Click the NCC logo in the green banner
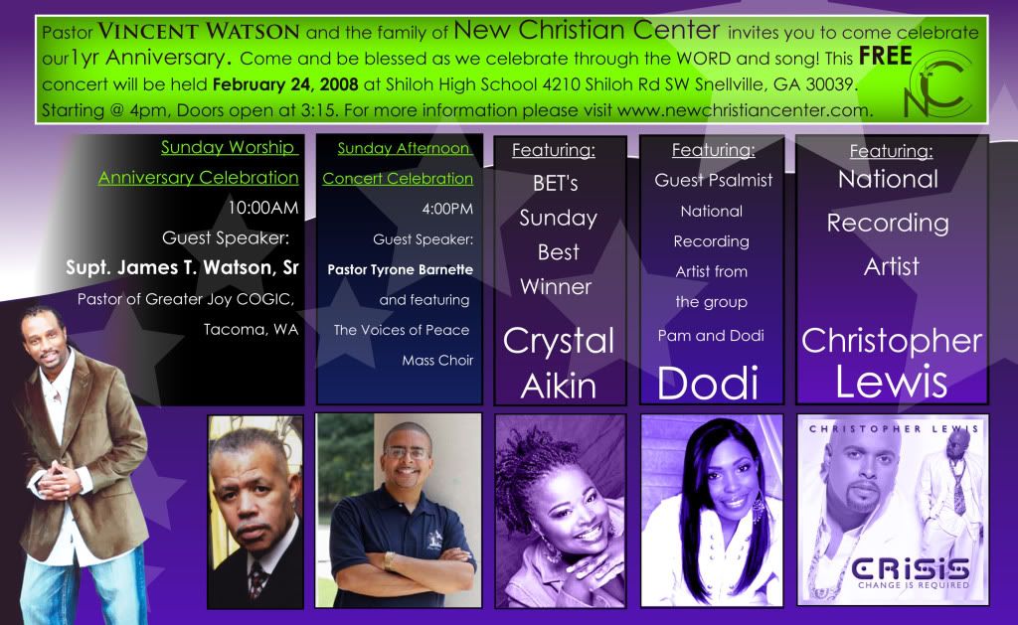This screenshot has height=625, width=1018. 938,85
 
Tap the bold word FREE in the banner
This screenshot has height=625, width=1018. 886,56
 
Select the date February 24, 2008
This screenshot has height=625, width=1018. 285,84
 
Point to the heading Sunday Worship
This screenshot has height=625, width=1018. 230,147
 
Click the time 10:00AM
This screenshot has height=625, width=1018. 262,208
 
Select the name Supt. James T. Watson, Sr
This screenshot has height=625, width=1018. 182,267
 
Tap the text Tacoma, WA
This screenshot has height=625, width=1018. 251,330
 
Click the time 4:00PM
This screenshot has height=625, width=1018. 447,209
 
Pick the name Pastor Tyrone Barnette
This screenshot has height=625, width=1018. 400,269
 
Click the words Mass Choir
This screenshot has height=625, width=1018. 437,361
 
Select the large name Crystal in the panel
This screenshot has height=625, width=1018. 559,342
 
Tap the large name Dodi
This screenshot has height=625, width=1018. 708,383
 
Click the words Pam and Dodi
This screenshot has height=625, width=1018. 711,336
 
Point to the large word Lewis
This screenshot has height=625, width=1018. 891,382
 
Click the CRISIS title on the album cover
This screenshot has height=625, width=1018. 911,569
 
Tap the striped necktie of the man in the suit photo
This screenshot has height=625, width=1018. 256,578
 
